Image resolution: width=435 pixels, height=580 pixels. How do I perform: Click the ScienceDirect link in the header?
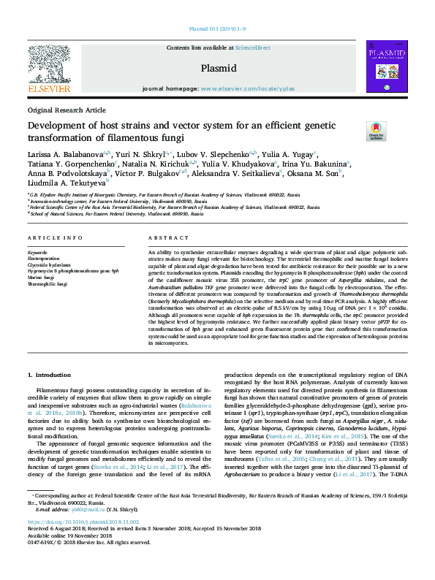pos(252,47)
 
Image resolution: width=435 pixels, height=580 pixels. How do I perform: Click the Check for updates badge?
pos(376,131)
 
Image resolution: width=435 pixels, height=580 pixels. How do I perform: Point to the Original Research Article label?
pos(67,110)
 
